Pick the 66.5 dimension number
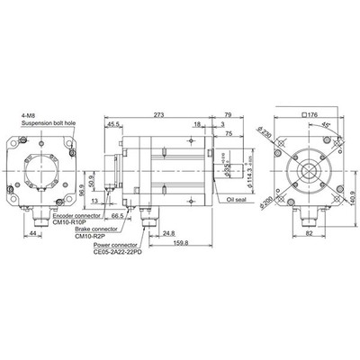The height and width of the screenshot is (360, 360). [117, 217]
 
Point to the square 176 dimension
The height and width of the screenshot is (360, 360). [313, 113]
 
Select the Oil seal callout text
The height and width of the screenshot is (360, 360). [237, 203]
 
